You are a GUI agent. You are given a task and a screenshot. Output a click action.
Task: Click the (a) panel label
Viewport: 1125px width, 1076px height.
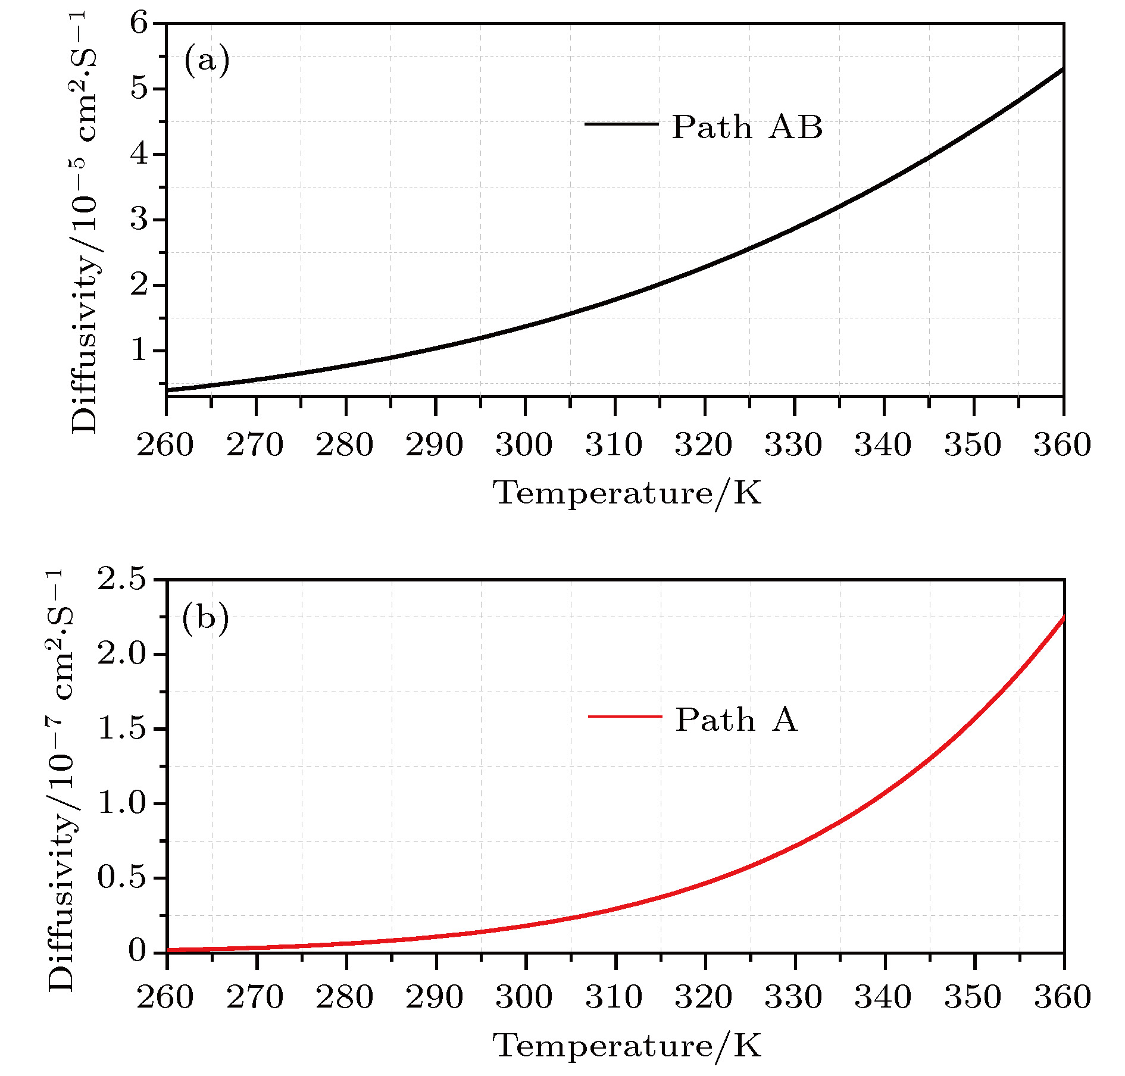[207, 61]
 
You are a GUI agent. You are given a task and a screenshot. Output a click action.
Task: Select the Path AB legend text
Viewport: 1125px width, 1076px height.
[747, 127]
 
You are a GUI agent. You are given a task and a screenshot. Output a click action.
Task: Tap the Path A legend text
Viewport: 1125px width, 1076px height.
[736, 720]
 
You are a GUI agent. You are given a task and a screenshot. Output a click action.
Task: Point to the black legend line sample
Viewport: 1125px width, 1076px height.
[621, 124]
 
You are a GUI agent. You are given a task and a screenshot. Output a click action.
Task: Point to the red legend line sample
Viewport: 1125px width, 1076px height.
[624, 717]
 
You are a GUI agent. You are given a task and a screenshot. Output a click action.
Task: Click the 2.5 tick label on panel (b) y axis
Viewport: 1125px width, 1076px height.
[121, 579]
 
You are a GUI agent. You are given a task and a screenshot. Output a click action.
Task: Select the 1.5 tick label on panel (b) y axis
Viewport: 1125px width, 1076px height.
[121, 728]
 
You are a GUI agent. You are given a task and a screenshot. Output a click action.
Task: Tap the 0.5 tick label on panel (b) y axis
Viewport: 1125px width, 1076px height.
[121, 878]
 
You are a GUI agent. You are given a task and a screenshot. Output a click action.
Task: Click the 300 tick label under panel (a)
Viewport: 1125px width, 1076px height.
[524, 445]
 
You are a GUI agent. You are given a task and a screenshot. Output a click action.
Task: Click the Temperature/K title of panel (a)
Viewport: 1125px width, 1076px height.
[627, 493]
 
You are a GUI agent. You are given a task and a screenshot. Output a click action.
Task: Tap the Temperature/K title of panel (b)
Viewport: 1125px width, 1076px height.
[627, 1046]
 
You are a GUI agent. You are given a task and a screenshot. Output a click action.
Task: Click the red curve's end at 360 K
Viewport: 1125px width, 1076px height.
[1063, 617]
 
